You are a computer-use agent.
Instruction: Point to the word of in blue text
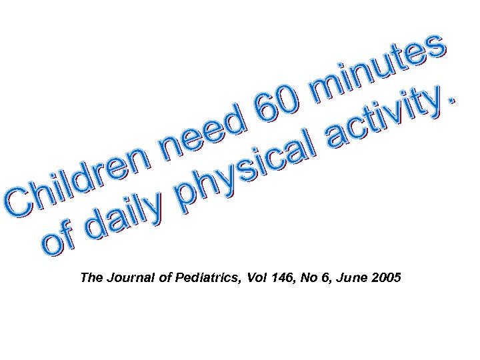click(x=60, y=242)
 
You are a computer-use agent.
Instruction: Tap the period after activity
click(x=453, y=99)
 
